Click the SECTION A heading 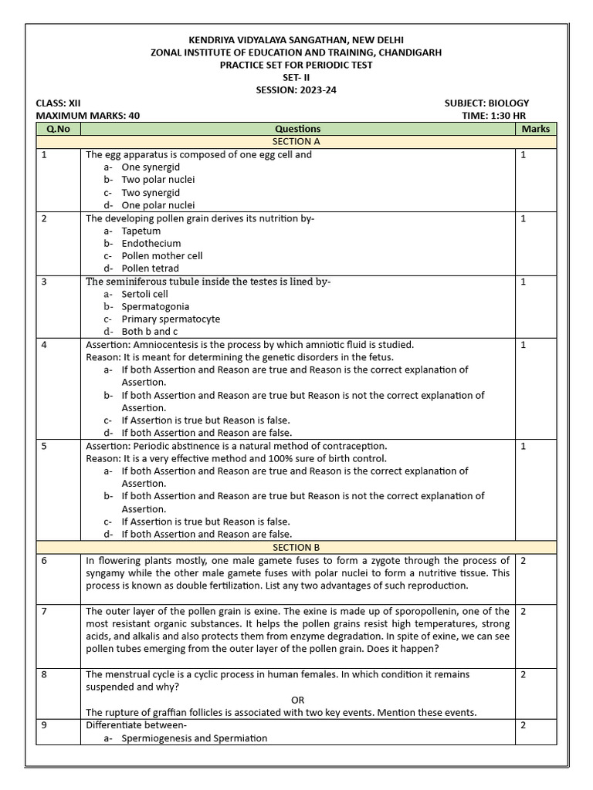pyautogui.click(x=296, y=142)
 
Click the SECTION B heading pyautogui.click(x=296, y=547)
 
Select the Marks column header pyautogui.click(x=535, y=129)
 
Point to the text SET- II pyautogui.click(x=296, y=78)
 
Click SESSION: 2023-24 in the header pyautogui.click(x=296, y=90)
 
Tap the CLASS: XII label pyautogui.click(x=58, y=103)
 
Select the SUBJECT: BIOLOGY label pyautogui.click(x=486, y=103)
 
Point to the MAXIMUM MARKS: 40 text pyautogui.click(x=88, y=116)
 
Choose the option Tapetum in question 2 pyautogui.click(x=141, y=231)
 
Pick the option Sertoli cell pyautogui.click(x=144, y=294)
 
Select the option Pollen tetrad pyautogui.click(x=150, y=268)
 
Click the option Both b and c pyautogui.click(x=148, y=332)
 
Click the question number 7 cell pyautogui.click(x=44, y=611)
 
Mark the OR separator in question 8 pyautogui.click(x=298, y=700)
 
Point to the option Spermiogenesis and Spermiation pyautogui.click(x=194, y=738)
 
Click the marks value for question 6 pyautogui.click(x=524, y=560)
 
